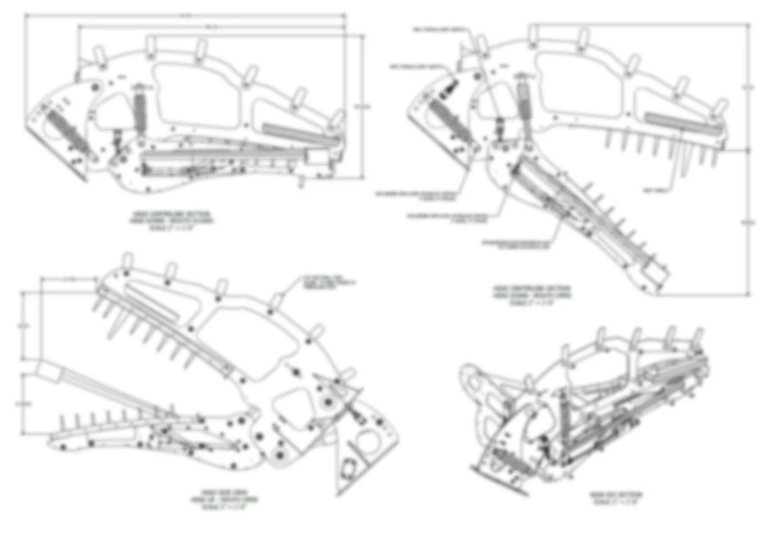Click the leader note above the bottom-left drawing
pos(327,282)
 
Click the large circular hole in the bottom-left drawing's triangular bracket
pos(366,443)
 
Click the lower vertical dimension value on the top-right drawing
pos(749,222)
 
